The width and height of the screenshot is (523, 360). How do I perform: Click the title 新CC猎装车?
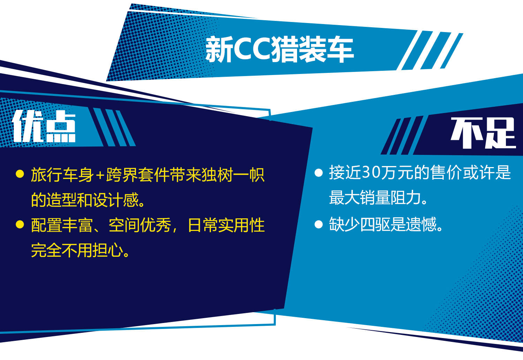280,50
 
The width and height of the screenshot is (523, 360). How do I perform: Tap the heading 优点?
44,126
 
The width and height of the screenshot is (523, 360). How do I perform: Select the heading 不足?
483,133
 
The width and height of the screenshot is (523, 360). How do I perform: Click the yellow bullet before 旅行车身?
20,174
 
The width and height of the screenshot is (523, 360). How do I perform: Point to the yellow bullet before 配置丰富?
20,224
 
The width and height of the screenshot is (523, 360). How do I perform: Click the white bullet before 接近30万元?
318,173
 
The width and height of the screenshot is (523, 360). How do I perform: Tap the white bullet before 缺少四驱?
318,224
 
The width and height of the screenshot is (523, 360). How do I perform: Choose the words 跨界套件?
137,175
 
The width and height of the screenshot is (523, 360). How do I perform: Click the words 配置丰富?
62,225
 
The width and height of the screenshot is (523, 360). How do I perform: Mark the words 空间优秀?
140,225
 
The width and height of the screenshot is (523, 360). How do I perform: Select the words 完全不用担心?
77,250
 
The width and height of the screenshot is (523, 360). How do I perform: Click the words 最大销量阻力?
375,198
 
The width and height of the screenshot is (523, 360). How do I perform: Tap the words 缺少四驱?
359,224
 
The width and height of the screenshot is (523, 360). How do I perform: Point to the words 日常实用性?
226,225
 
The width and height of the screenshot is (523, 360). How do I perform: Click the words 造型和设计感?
92,200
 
